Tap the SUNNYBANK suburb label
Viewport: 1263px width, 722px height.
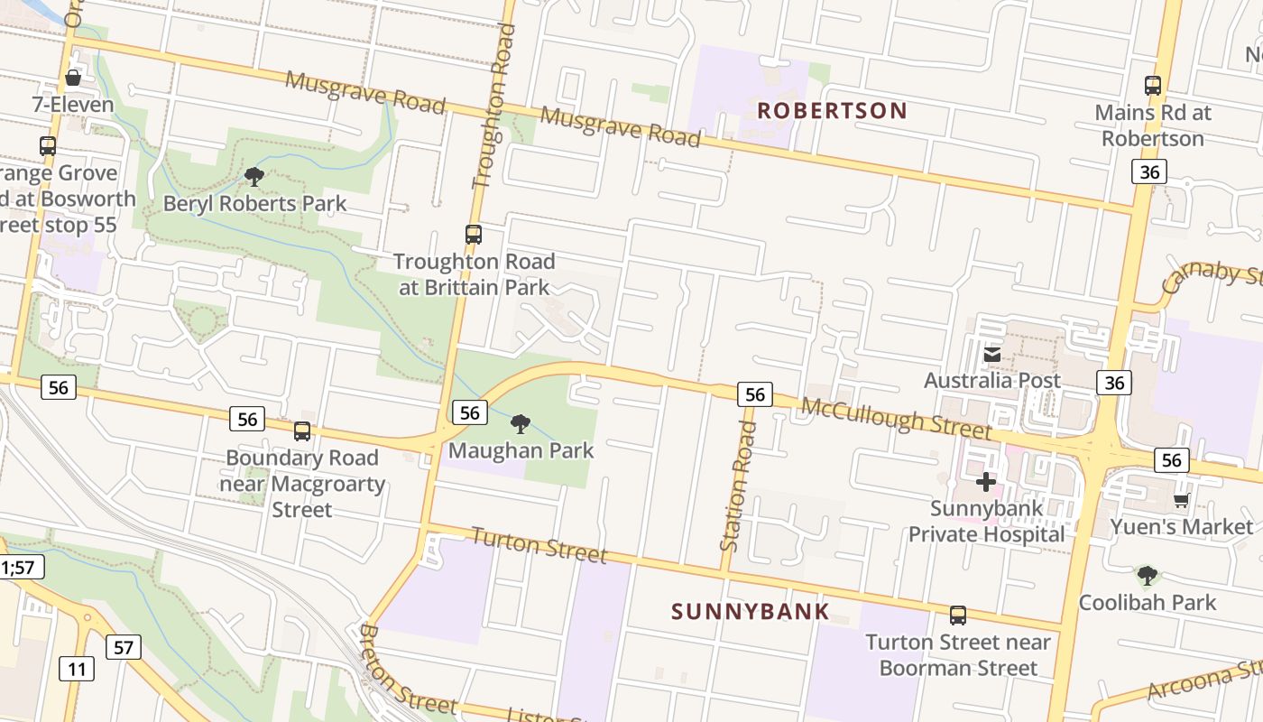click(750, 612)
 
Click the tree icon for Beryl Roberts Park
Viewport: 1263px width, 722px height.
click(254, 176)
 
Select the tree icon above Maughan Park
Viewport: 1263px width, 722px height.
click(521, 423)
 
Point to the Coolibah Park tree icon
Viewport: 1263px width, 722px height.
click(1147, 575)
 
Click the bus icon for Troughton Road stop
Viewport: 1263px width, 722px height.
click(474, 235)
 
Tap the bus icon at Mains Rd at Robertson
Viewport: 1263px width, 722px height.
click(1152, 86)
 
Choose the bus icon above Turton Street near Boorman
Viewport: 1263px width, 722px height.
click(958, 616)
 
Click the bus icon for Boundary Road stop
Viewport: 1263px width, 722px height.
click(302, 431)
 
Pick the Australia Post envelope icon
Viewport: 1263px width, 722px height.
click(992, 355)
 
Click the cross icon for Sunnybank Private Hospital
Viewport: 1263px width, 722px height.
click(986, 482)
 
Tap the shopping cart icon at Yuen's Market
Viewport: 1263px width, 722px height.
click(1181, 500)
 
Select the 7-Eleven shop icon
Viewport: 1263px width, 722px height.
click(73, 79)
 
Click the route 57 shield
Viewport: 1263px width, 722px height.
click(124, 646)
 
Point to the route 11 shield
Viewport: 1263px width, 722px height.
click(77, 669)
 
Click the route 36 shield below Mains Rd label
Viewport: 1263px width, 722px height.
click(1148, 171)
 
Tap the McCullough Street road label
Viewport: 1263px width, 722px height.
click(896, 420)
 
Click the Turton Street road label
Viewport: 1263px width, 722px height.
click(539, 544)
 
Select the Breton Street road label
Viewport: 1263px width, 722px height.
click(408, 669)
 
